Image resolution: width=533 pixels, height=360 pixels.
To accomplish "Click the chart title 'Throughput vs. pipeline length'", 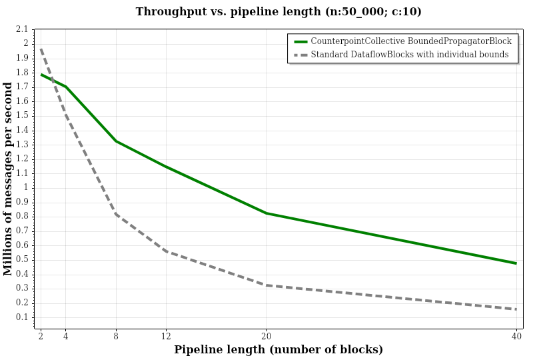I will click(278, 12).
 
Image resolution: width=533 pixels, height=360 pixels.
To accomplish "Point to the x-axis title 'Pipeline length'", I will click(278, 349).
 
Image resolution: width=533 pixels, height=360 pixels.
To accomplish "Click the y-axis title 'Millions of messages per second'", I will click(8, 179).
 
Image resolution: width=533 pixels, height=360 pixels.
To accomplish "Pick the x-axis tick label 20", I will click(266, 336).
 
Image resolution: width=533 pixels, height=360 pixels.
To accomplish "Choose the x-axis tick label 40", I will click(516, 336).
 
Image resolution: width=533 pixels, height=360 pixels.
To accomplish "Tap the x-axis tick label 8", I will click(116, 336).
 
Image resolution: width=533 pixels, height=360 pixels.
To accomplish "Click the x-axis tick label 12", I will click(166, 336).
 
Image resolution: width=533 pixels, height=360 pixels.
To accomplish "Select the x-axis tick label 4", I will click(66, 336).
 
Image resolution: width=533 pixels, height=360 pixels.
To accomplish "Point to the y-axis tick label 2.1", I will click(22, 29).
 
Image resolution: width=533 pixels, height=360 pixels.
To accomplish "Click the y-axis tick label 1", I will click(26, 187).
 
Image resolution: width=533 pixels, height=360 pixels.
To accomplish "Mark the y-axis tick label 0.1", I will click(22, 317).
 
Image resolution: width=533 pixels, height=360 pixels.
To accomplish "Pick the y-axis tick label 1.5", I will click(22, 115).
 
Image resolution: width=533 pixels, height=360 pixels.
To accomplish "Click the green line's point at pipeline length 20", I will click(266, 213).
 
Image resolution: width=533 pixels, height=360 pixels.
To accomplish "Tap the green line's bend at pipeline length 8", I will click(116, 141).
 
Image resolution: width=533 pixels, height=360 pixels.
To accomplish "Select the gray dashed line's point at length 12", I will click(166, 251).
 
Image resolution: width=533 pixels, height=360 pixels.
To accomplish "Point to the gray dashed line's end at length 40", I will click(516, 309).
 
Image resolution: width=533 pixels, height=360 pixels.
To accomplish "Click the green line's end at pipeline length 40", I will click(516, 263).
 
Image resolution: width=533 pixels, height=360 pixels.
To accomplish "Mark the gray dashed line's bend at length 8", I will click(116, 214).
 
